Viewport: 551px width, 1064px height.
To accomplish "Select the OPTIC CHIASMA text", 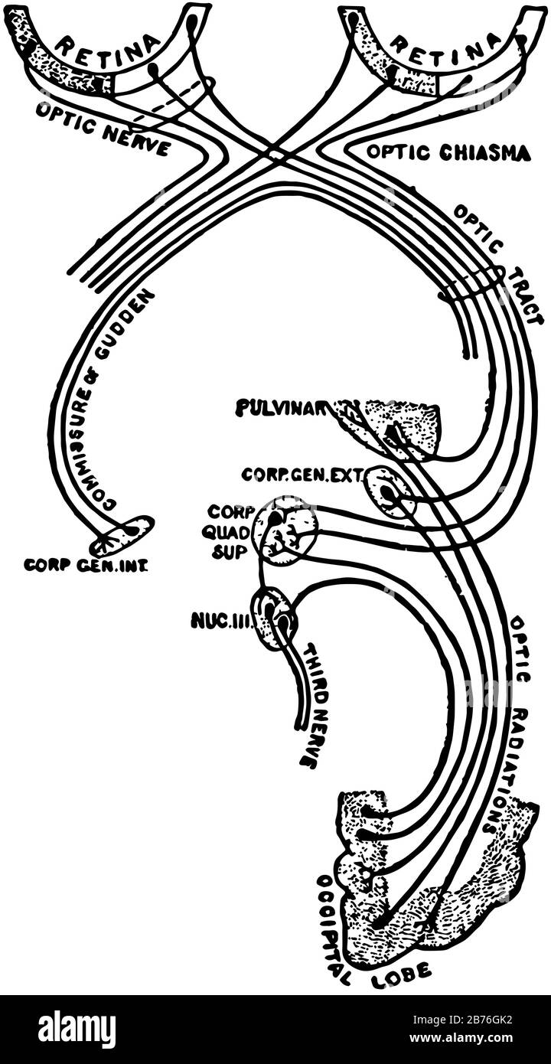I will (448, 152).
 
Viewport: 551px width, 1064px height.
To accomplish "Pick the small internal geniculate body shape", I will (122, 536).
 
